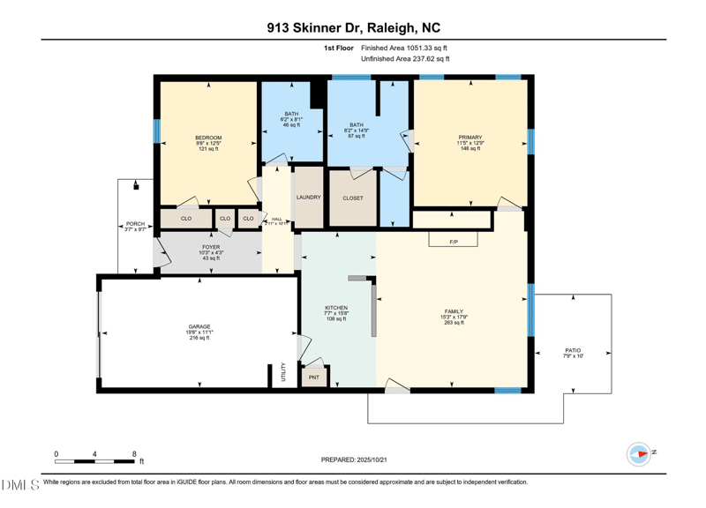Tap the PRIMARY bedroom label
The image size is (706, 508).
click(x=469, y=137)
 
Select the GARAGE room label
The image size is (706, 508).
click(x=199, y=325)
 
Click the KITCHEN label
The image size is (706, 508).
click(x=336, y=308)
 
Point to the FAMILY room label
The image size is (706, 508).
click(x=453, y=312)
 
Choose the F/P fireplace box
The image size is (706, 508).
click(x=454, y=240)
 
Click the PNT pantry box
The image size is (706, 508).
click(x=314, y=377)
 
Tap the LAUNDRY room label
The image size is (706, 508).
click(x=308, y=198)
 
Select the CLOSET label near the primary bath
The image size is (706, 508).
click(x=352, y=198)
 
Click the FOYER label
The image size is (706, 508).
click(x=210, y=247)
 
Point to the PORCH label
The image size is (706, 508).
click(x=135, y=224)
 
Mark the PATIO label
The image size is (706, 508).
click(x=573, y=350)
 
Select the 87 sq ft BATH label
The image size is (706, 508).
click(x=357, y=125)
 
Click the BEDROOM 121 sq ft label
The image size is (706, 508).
click(x=208, y=138)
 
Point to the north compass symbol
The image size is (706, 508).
click(x=639, y=452)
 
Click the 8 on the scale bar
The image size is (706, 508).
click(x=134, y=453)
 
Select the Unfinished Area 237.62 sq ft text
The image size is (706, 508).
click(x=407, y=58)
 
